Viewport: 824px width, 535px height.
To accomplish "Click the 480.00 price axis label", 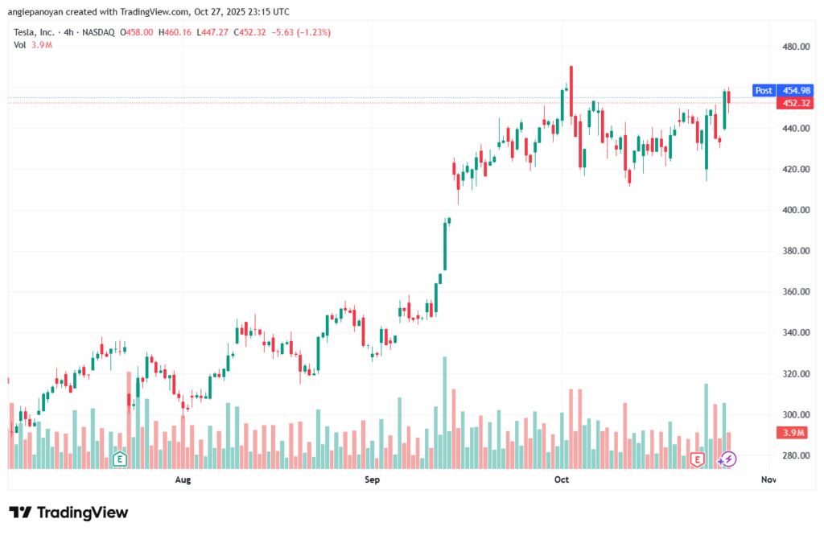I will (x=795, y=47).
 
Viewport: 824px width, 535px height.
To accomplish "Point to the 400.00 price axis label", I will (x=795, y=210).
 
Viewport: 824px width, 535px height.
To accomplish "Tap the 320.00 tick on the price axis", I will (x=795, y=374).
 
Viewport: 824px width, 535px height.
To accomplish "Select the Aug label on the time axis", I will (x=183, y=480).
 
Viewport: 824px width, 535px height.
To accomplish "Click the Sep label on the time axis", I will (x=372, y=480).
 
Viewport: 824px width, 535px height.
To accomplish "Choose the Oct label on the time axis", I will (x=562, y=480).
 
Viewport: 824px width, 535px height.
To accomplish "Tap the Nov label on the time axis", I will (x=768, y=480).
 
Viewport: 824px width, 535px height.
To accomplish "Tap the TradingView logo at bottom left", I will (x=68, y=512).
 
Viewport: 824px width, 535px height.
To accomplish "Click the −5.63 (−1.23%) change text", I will (x=303, y=32).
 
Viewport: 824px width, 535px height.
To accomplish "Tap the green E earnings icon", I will (x=120, y=459).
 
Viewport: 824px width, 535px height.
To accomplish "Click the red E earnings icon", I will (x=698, y=459).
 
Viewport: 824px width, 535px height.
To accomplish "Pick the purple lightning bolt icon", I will (x=727, y=459).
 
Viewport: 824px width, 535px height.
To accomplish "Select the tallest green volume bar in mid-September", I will (x=443, y=412).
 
